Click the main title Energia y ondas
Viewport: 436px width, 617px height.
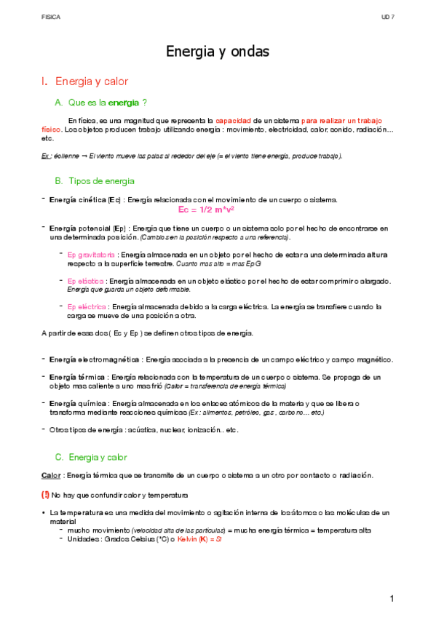tap(218, 52)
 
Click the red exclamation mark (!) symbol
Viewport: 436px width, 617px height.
tap(46, 494)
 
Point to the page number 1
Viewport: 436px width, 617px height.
tap(392, 599)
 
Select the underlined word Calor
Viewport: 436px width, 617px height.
tap(51, 475)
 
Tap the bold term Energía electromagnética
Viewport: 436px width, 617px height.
tap(95, 359)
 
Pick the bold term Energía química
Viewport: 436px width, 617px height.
tap(78, 404)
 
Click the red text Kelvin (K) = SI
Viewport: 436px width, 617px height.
tap(200, 539)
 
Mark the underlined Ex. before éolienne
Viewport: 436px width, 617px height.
tap(46, 156)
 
